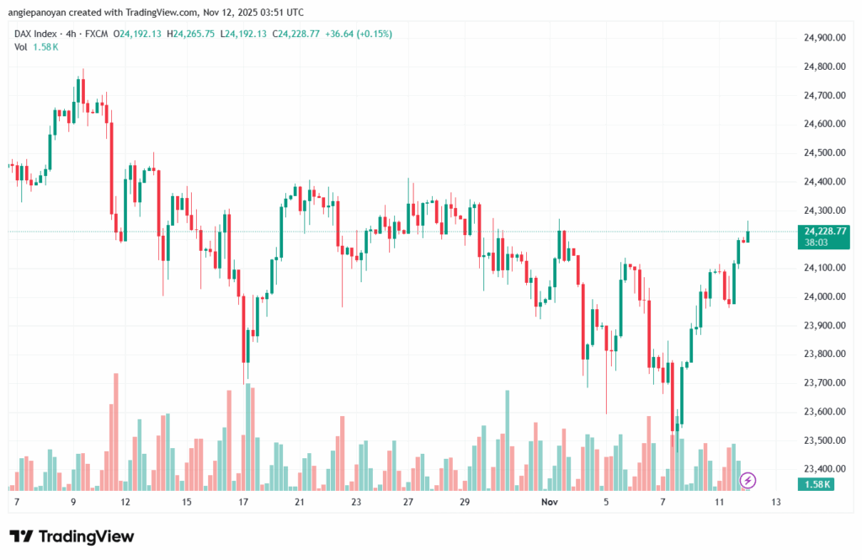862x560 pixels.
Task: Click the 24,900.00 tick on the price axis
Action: [824, 38]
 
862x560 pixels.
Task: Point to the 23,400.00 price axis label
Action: [824, 469]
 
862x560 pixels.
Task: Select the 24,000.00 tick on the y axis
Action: [824, 296]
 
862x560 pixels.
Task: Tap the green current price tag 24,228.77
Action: [824, 231]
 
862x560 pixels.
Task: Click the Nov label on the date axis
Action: [550, 502]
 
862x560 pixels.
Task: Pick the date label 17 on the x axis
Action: [243, 502]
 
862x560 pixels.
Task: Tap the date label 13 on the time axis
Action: [775, 502]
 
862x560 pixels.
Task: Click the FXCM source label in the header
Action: [98, 34]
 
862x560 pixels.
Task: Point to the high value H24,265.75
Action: [190, 34]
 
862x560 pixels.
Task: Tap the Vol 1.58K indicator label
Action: [36, 46]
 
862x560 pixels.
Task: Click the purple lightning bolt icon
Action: [748, 480]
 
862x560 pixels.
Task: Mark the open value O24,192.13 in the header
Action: [138, 34]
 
